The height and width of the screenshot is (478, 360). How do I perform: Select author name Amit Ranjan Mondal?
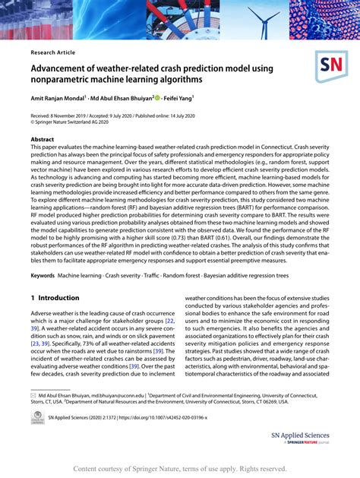click(x=58, y=99)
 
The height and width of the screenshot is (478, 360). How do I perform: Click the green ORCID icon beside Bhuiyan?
click(x=157, y=99)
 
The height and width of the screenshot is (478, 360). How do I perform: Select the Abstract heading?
click(x=43, y=141)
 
